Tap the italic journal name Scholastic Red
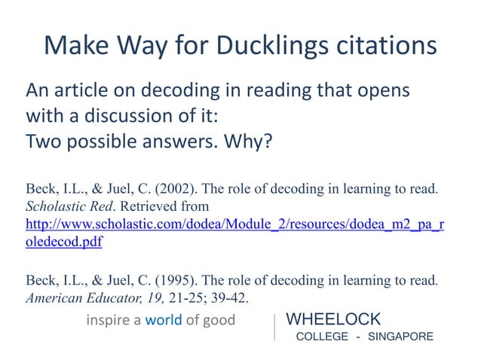(x=60, y=206)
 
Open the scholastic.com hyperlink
(x=234, y=224)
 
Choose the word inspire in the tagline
(x=108, y=320)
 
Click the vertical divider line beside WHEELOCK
(x=275, y=326)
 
